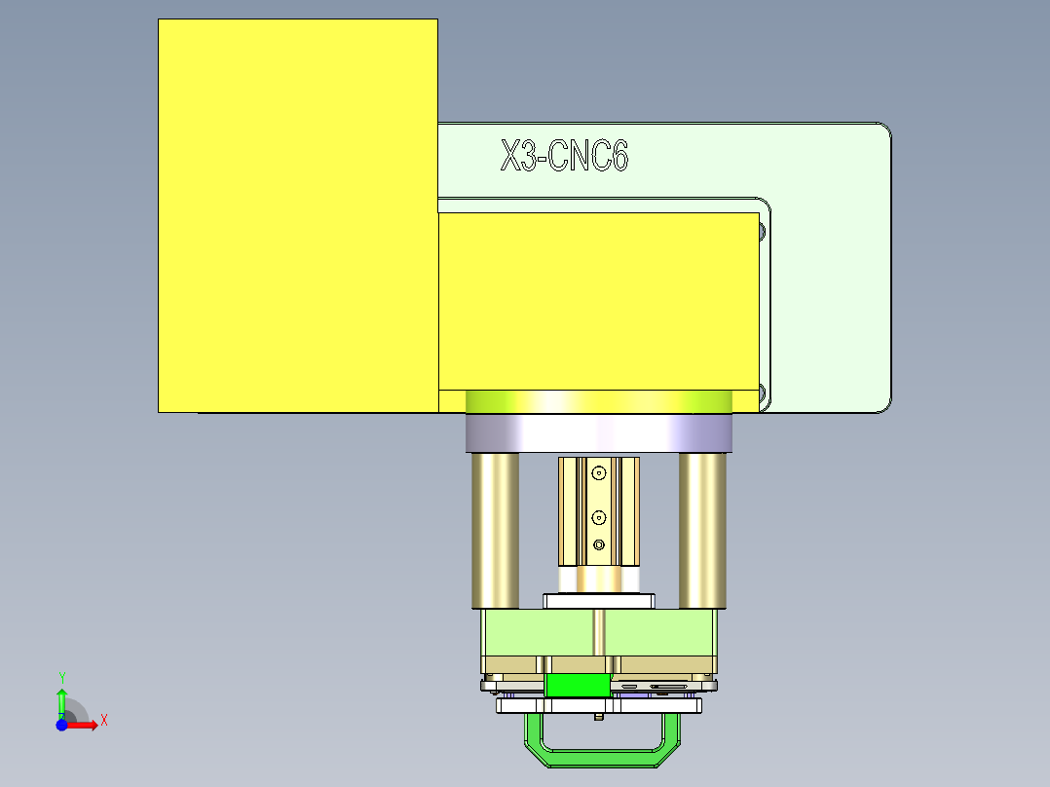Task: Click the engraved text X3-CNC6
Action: tap(564, 156)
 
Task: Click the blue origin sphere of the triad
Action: tap(61, 725)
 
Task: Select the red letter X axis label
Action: tap(103, 721)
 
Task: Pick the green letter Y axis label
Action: tap(61, 676)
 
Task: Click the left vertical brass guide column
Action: tap(495, 531)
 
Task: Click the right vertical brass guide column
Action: tap(702, 531)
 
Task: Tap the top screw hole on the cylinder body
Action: tap(598, 473)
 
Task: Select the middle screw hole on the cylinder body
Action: tap(598, 516)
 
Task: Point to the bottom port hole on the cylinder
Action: tap(598, 543)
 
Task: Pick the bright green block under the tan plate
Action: tap(578, 685)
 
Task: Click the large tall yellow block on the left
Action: tap(297, 214)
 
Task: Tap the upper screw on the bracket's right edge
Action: tap(761, 232)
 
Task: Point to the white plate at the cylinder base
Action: tap(598, 600)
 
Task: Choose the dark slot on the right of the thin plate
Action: tap(667, 687)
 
